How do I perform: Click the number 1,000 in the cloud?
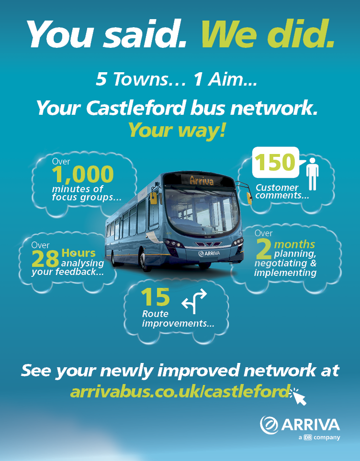pyautogui.click(x=83, y=175)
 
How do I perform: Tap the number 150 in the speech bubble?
pyautogui.click(x=274, y=163)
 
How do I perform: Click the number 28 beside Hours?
pyautogui.click(x=45, y=259)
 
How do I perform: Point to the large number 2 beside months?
pyautogui.click(x=264, y=250)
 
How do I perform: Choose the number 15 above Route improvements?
pyautogui.click(x=156, y=297)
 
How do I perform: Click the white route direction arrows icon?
pyautogui.click(x=194, y=302)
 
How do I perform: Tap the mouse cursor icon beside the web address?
pyautogui.click(x=299, y=396)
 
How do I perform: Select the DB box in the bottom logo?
pyautogui.click(x=308, y=437)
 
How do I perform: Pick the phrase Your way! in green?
pyautogui.click(x=176, y=130)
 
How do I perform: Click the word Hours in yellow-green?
pyautogui.click(x=79, y=253)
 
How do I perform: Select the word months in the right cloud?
pyautogui.click(x=294, y=244)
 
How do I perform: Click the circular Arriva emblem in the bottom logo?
pyautogui.click(x=269, y=424)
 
